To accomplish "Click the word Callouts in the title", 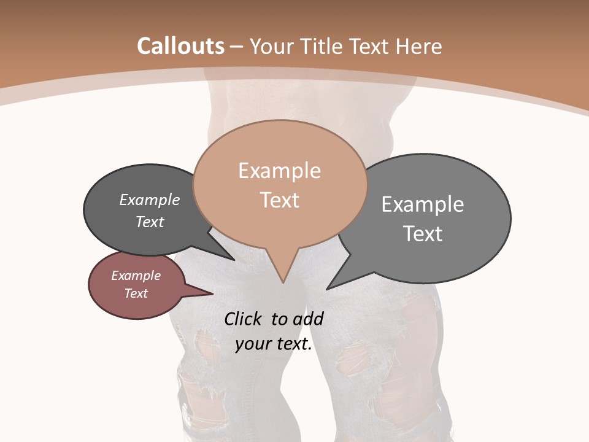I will [180, 46].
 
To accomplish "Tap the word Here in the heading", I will [418, 46].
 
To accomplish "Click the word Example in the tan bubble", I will [279, 171].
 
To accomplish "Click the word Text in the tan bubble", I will [279, 200].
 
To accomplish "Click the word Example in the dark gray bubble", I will [149, 200].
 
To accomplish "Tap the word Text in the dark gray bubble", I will [149, 222].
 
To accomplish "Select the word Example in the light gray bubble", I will [422, 204].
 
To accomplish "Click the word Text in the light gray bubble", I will [422, 233].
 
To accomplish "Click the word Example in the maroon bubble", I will [136, 276].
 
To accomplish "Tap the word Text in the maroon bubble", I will [136, 293].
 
